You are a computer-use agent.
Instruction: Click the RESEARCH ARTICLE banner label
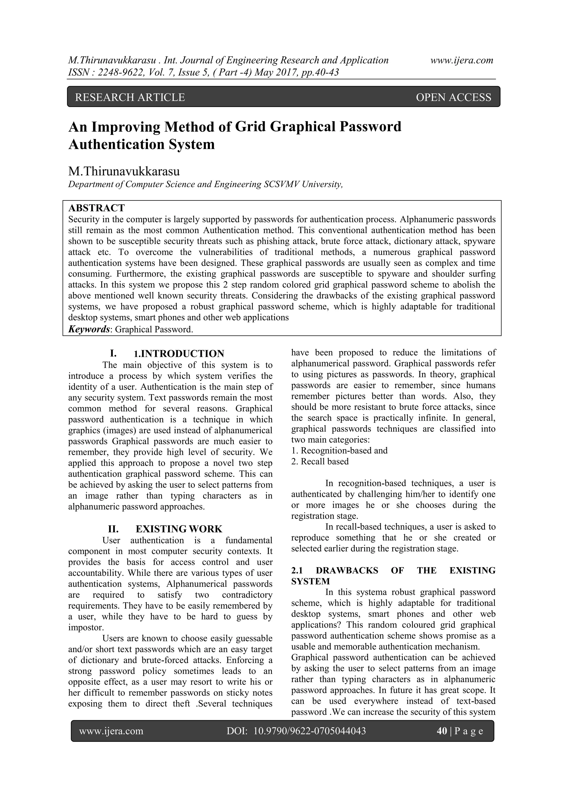(130, 97)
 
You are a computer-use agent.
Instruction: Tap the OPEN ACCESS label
(453, 97)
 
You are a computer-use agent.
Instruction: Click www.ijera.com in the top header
(462, 60)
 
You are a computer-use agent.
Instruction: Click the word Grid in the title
(250, 127)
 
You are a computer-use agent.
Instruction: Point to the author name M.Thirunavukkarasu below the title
(124, 172)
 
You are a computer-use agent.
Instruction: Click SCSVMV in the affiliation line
(282, 184)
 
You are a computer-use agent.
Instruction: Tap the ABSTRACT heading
(97, 208)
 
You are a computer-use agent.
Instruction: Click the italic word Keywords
(89, 329)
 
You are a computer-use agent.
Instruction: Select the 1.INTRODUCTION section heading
(179, 354)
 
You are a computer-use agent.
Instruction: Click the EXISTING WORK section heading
(178, 529)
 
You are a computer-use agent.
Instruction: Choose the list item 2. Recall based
(320, 461)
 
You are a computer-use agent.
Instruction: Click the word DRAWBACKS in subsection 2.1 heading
(347, 570)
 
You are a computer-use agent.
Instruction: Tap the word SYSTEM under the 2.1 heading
(310, 581)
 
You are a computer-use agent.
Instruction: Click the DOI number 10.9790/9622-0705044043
(310, 731)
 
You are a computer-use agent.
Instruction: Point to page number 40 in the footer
(442, 731)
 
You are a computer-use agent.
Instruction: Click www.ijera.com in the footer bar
(111, 731)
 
